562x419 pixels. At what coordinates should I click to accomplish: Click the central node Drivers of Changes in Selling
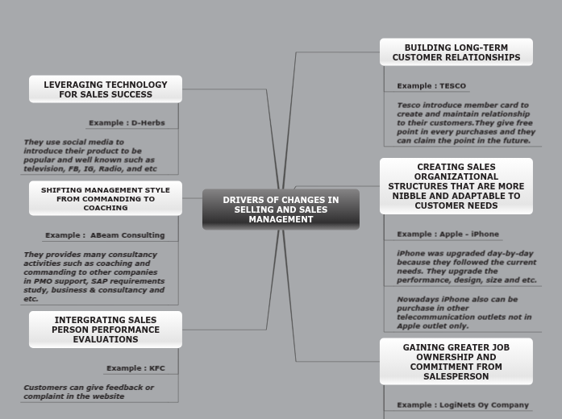pos(281,209)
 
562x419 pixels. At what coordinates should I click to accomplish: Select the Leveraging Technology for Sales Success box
pos(106,89)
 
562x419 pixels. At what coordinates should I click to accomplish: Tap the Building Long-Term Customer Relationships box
pos(456,52)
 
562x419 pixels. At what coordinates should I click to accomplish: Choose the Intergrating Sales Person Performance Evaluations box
pos(106,330)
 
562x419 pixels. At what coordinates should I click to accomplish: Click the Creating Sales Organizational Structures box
pos(456,186)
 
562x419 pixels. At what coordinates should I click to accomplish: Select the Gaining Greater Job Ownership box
pos(456,362)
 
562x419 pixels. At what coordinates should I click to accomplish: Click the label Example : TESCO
pos(431,86)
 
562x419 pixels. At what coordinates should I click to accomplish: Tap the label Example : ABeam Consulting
pos(105,235)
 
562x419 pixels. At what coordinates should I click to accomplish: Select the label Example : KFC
pos(135,368)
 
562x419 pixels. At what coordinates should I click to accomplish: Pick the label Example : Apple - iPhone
pos(448,234)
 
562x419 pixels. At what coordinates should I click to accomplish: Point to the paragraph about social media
pos(90,156)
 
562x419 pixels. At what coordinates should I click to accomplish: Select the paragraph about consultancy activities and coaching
pos(93,276)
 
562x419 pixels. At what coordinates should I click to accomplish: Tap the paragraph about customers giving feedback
pos(88,392)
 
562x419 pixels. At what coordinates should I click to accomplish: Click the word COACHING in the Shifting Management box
pos(106,208)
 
